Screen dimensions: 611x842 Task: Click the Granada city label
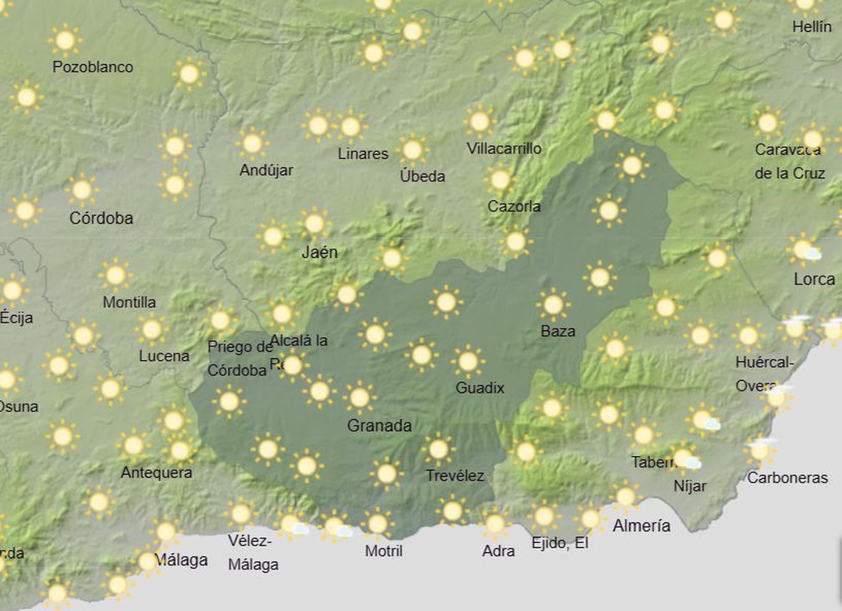coord(379,425)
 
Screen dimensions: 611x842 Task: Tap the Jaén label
coord(319,252)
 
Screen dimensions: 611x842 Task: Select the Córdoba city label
coord(101,218)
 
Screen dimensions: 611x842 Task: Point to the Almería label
coord(641,525)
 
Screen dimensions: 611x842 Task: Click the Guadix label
coord(479,388)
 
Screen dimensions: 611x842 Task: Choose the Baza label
coord(558,331)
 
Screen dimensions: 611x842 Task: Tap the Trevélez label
coord(455,476)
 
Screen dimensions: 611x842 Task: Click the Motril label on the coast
coord(384,551)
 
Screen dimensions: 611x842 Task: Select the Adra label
coord(498,551)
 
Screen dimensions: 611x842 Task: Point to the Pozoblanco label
coord(93,67)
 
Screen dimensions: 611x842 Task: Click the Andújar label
coord(266,170)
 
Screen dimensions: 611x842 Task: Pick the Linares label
coord(363,154)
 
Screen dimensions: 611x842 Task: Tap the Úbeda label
coord(422,176)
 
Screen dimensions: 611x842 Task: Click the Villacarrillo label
coord(504,149)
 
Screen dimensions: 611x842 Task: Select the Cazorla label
coord(514,206)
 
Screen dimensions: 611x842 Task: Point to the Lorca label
coord(814,279)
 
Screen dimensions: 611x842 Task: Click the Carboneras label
coord(787,478)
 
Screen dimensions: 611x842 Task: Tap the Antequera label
coord(156,472)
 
